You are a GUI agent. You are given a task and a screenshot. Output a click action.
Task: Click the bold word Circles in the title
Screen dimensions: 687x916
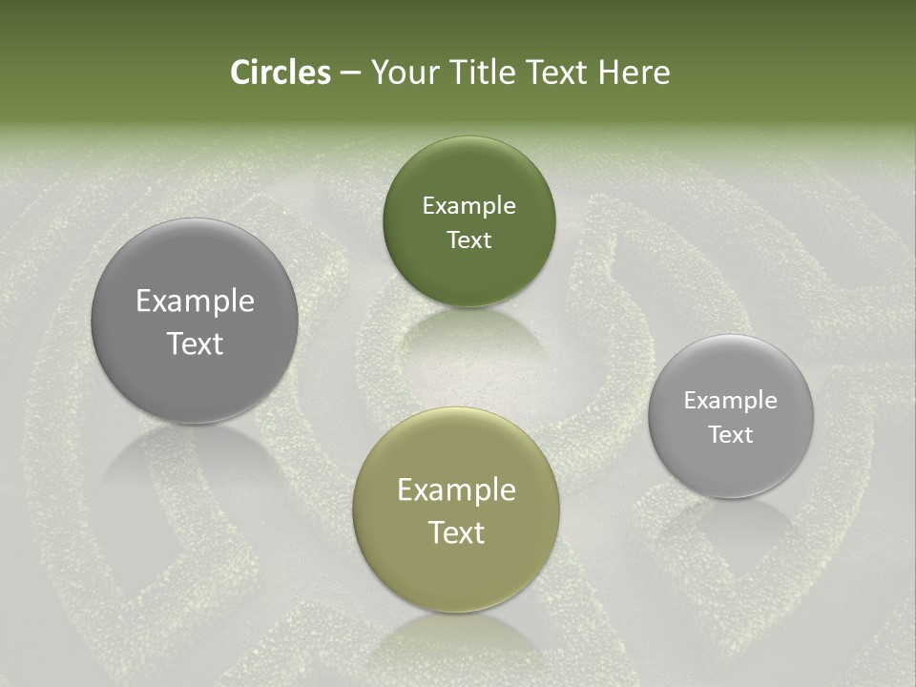point(280,73)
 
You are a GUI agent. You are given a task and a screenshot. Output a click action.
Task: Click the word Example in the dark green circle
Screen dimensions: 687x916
point(468,206)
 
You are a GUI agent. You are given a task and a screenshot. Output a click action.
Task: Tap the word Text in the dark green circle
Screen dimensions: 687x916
point(468,240)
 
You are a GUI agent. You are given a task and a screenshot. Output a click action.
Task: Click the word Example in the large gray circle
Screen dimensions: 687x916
point(195,302)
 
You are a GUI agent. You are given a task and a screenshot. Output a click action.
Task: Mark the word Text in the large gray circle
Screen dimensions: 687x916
point(195,344)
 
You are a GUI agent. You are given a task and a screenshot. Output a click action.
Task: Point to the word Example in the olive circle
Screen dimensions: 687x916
point(456,490)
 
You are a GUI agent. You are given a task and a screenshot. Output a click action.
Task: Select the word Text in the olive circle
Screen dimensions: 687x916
point(456,533)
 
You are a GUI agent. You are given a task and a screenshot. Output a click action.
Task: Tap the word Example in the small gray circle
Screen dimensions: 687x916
point(731,401)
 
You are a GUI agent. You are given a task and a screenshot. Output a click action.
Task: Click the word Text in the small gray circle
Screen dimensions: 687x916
point(731,435)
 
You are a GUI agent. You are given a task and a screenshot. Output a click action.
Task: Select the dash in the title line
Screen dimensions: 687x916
point(349,73)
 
